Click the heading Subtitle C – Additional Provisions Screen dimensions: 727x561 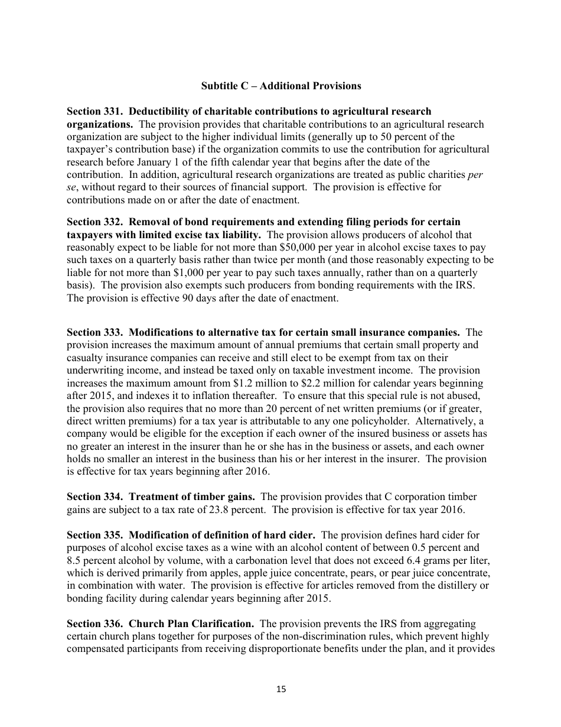280,86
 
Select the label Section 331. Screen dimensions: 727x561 94,111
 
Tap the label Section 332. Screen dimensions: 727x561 94,222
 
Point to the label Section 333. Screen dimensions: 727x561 94,332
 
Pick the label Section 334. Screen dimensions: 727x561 94,496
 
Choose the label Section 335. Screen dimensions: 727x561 94,535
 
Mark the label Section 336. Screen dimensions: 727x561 94,624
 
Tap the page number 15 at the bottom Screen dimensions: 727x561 280,689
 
